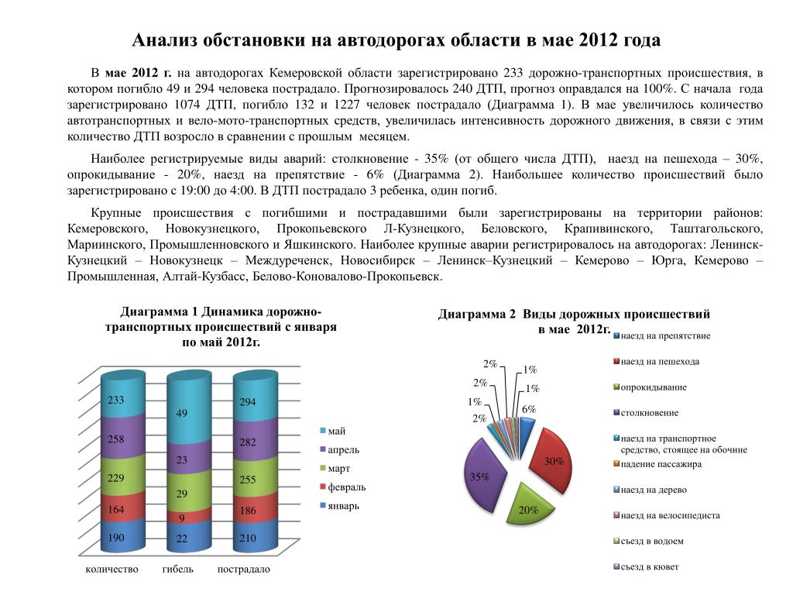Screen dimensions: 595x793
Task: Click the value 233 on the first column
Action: pyautogui.click(x=115, y=401)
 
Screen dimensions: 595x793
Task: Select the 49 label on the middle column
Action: pyautogui.click(x=182, y=414)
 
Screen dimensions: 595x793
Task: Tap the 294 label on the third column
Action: pyautogui.click(x=248, y=403)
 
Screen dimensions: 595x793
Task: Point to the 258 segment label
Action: pyautogui.click(x=115, y=439)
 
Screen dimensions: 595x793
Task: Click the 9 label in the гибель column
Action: pyautogui.click(x=182, y=518)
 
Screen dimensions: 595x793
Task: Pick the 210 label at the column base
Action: pyautogui.click(x=248, y=538)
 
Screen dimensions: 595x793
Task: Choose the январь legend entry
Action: pyautogui.click(x=343, y=506)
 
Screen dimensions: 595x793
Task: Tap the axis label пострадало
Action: pyautogui.click(x=244, y=569)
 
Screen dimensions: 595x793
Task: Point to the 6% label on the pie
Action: pyautogui.click(x=529, y=409)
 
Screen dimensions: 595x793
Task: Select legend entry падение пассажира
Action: pyautogui.click(x=661, y=464)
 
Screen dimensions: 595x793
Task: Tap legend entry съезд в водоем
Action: pyautogui.click(x=652, y=541)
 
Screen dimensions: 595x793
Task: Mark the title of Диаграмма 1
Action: pyautogui.click(x=221, y=327)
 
